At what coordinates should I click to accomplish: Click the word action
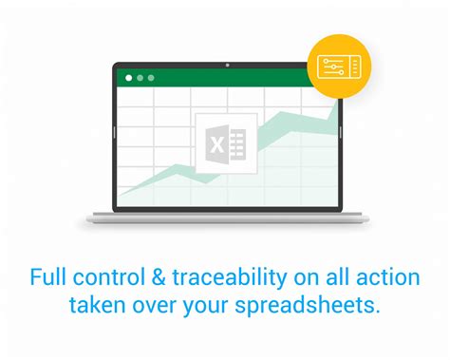pyautogui.click(x=390, y=279)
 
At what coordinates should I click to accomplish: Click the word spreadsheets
pyautogui.click(x=311, y=307)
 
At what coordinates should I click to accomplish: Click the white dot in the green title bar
pyautogui.click(x=126, y=78)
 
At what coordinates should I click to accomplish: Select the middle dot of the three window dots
pyautogui.click(x=140, y=78)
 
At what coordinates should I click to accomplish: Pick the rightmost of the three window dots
pyautogui.click(x=152, y=78)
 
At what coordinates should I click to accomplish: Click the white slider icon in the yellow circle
pyautogui.click(x=338, y=66)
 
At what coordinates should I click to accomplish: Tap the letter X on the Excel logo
pyautogui.click(x=216, y=144)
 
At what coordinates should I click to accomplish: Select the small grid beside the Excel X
pyautogui.click(x=238, y=144)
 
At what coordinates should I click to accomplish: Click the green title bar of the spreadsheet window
pyautogui.click(x=228, y=78)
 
